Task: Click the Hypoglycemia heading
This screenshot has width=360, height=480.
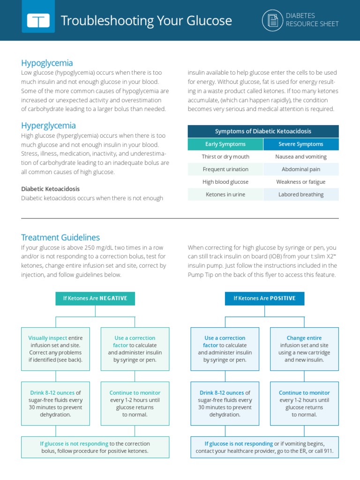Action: tap(47, 63)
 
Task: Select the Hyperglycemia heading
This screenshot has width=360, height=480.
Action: tap(48, 126)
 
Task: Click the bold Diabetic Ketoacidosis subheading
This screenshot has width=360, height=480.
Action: tap(51, 189)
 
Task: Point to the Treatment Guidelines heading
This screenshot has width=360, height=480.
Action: tap(60, 238)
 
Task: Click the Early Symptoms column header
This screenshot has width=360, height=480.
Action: tap(225, 144)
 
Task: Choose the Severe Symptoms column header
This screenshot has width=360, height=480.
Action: tap(301, 144)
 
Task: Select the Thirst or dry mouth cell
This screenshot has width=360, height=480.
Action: tap(225, 157)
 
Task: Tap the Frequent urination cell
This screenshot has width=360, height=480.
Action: tap(225, 169)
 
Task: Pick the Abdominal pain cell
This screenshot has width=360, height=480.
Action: tap(301, 169)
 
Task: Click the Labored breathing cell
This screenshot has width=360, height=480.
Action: tap(301, 195)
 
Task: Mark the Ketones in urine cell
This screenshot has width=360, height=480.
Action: tap(225, 195)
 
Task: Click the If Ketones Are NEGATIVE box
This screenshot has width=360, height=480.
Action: tap(95, 299)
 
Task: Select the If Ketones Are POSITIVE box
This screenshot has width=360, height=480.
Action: tap(264, 299)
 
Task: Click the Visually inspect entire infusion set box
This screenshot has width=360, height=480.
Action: tap(56, 349)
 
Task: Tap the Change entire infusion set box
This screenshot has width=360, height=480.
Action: tap(304, 349)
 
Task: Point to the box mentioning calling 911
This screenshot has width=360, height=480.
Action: tap(264, 448)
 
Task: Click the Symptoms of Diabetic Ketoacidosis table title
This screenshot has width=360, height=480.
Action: tap(263, 131)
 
